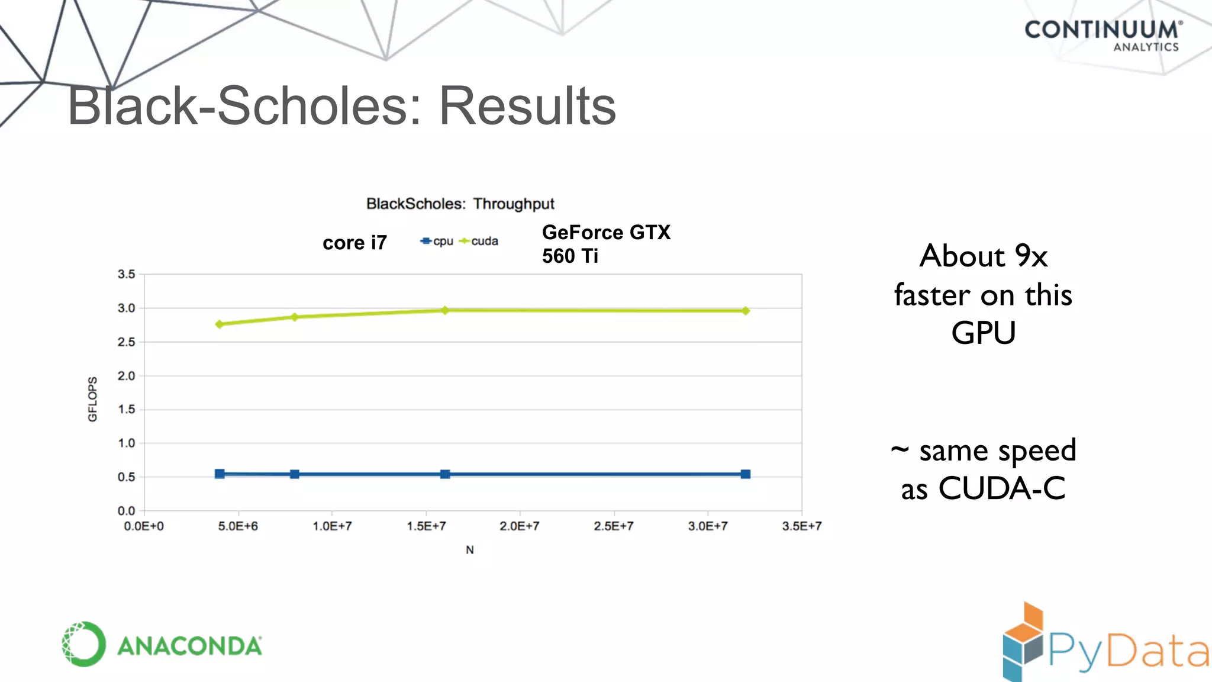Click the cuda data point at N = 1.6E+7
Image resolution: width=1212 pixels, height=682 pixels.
(x=445, y=310)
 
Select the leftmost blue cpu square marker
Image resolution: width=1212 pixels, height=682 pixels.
(x=220, y=474)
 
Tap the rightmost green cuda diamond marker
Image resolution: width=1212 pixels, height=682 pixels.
(x=746, y=311)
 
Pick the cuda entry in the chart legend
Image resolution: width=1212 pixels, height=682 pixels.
(x=479, y=241)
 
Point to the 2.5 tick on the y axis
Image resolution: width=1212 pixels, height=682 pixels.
(x=126, y=342)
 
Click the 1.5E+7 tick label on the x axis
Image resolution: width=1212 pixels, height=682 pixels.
(x=426, y=526)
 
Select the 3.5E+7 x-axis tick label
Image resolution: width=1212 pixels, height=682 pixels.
(x=801, y=526)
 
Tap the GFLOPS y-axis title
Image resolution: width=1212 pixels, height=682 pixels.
(x=92, y=399)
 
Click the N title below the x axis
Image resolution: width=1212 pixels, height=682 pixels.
(x=470, y=550)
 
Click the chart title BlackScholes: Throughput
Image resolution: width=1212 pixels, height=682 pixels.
(x=460, y=204)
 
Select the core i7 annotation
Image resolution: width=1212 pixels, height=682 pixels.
(x=354, y=243)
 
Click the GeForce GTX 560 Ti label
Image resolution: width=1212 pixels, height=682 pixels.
(x=605, y=244)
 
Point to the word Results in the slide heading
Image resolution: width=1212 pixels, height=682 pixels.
(x=527, y=106)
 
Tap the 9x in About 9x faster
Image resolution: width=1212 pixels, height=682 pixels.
(x=1031, y=256)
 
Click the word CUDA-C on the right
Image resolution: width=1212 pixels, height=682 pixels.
(x=1002, y=489)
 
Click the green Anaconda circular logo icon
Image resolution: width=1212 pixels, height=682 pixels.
(x=84, y=644)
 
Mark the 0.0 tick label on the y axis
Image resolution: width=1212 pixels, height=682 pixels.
(x=126, y=511)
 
